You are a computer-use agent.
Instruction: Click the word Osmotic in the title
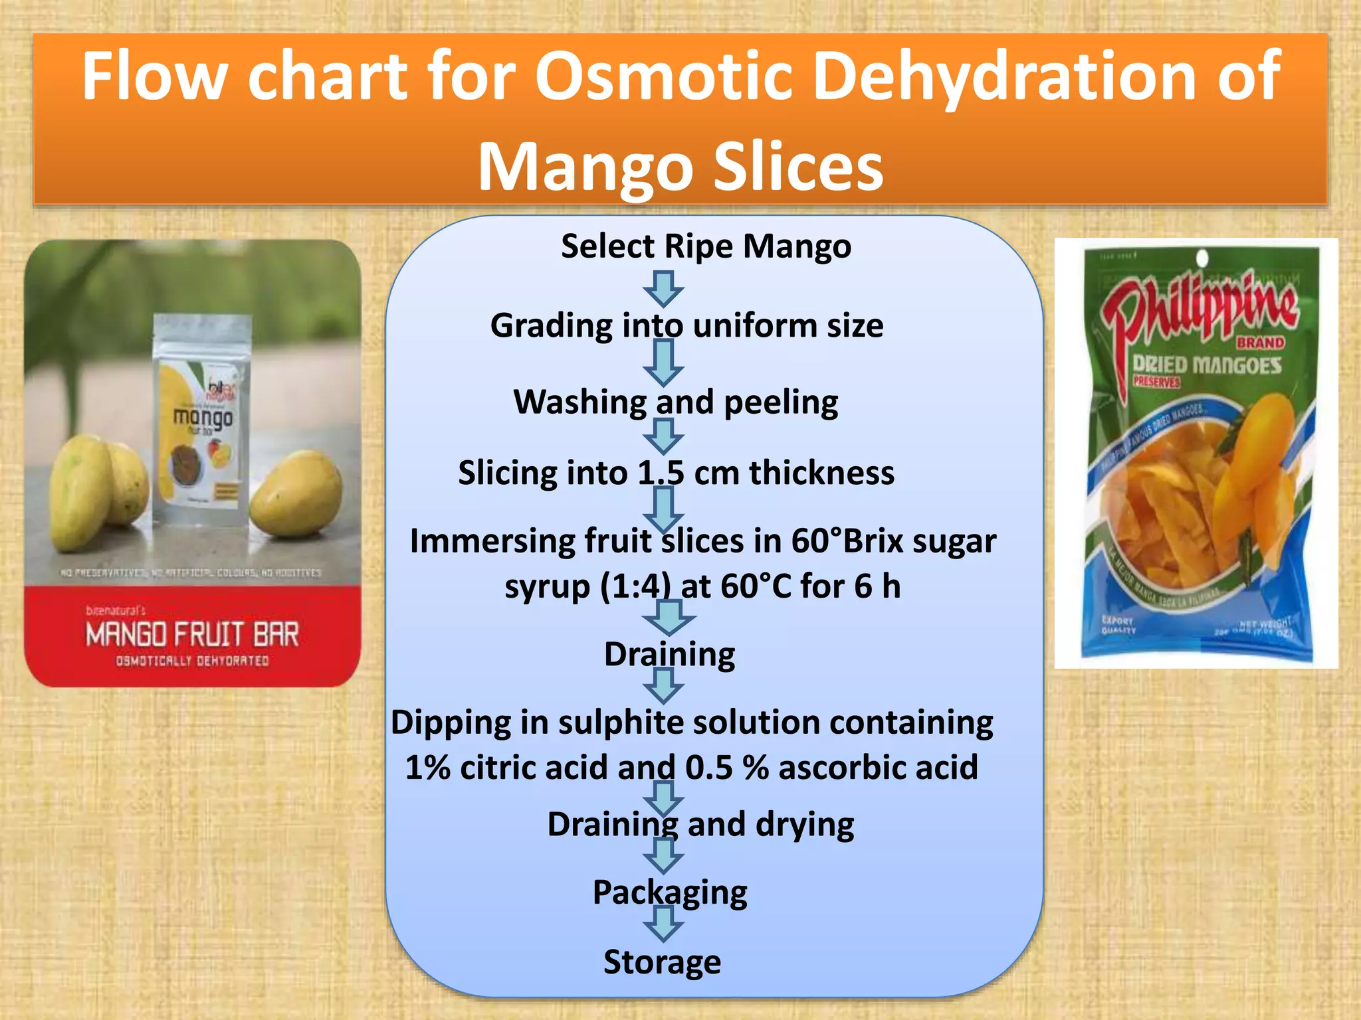pyautogui.click(x=664, y=77)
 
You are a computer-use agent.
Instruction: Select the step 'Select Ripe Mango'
pyautogui.click(x=706, y=246)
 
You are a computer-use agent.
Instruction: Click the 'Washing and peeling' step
pyautogui.click(x=676, y=402)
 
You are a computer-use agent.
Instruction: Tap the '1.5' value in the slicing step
pyautogui.click(x=661, y=473)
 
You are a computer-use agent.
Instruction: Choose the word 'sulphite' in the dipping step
pyautogui.click(x=619, y=723)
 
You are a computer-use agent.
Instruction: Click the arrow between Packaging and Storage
pyautogui.click(x=663, y=924)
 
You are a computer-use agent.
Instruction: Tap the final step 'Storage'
pyautogui.click(x=662, y=962)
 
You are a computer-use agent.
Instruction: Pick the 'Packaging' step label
pyautogui.click(x=670, y=892)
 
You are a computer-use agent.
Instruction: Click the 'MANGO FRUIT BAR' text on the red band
pyautogui.click(x=192, y=634)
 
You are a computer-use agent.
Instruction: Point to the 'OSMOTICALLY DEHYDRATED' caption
pyautogui.click(x=192, y=661)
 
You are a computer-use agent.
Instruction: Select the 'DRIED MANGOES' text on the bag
pyautogui.click(x=1207, y=365)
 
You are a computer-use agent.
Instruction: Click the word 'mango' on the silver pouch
pyautogui.click(x=203, y=417)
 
